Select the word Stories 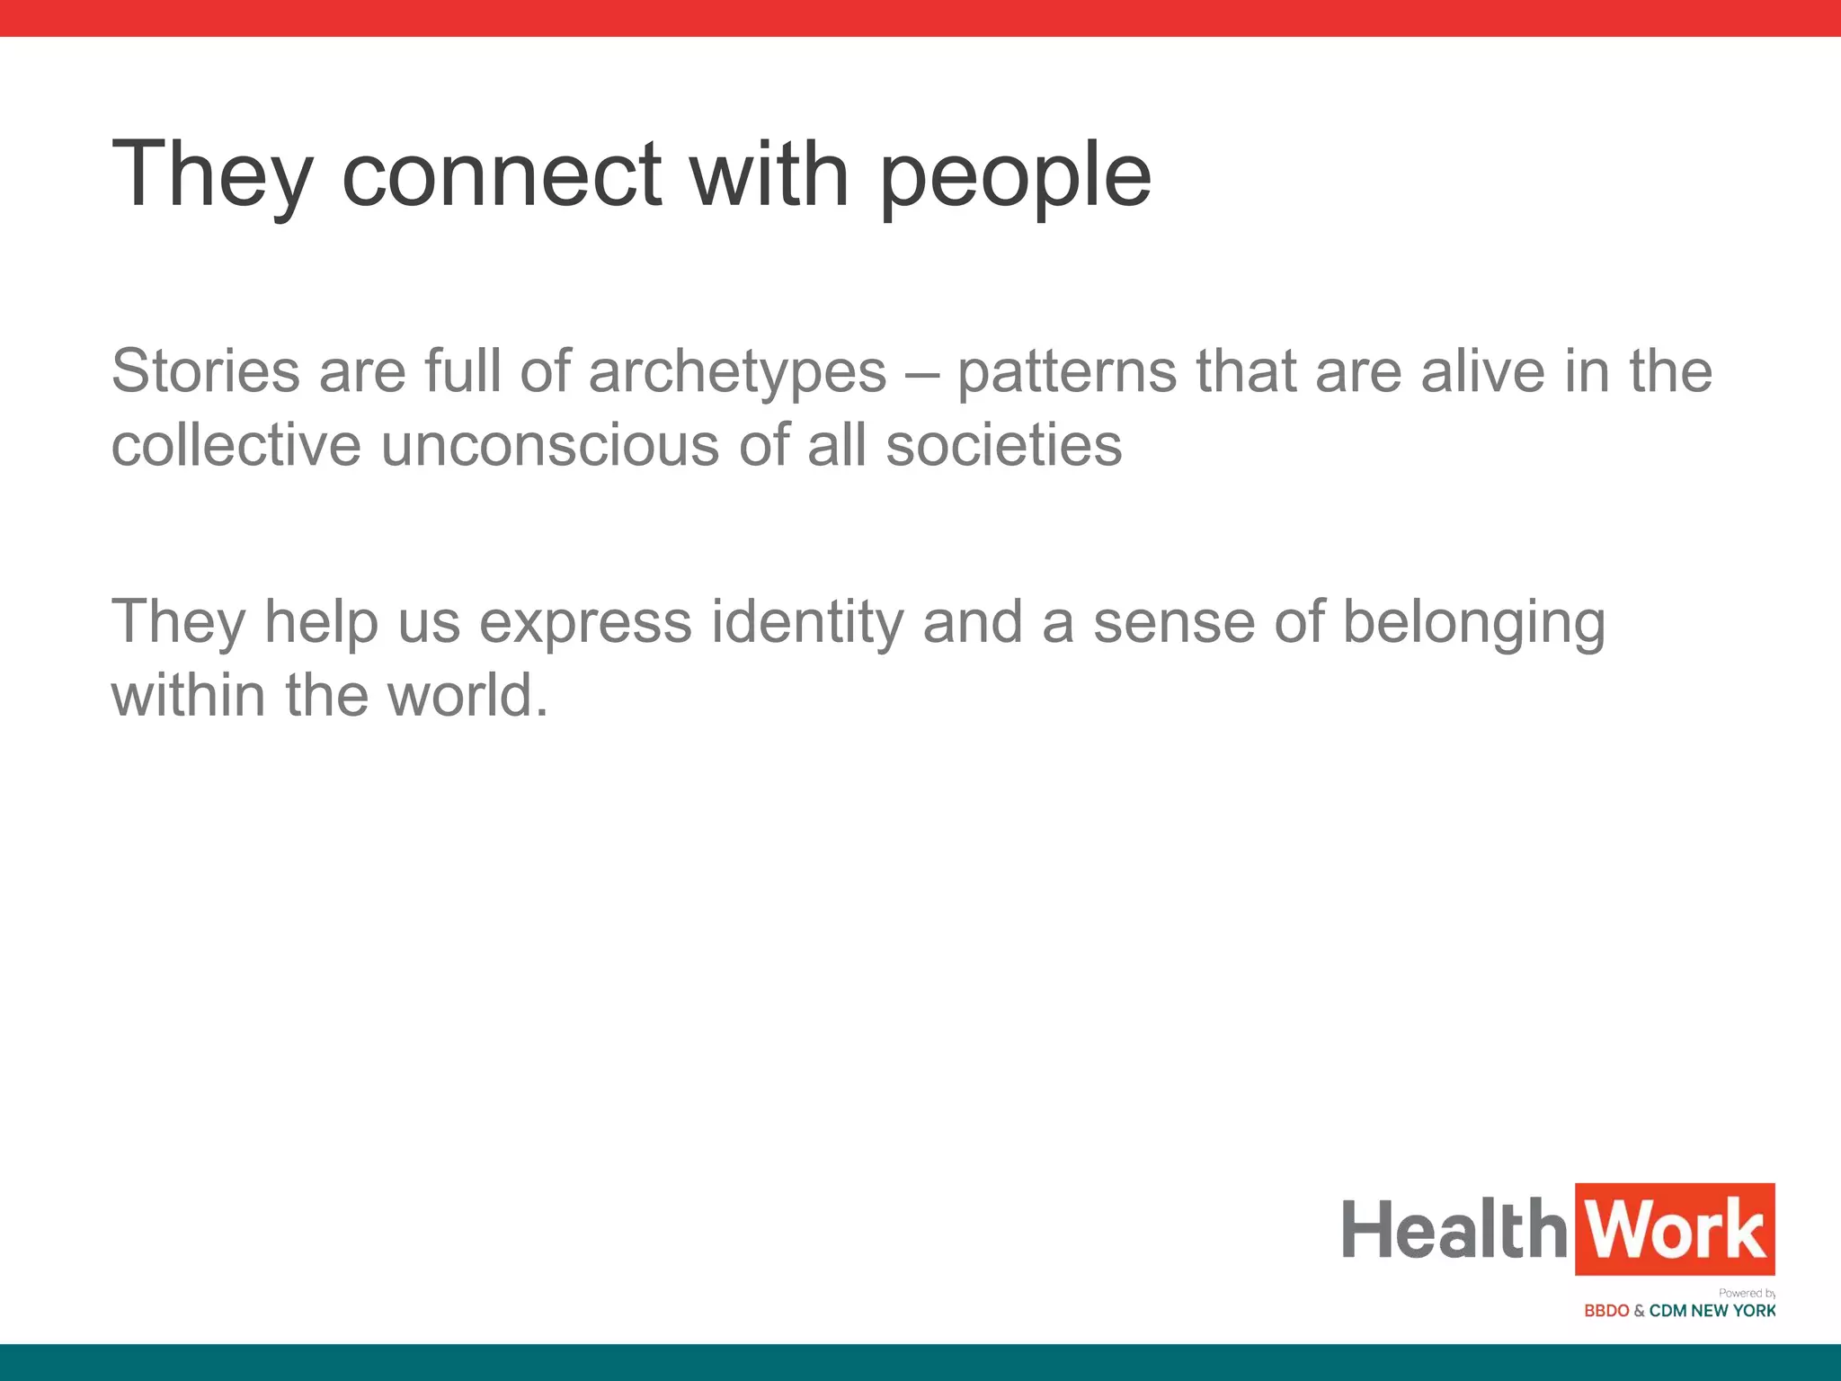[205, 370]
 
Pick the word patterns [1066, 372]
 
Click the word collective [236, 445]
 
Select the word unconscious [550, 445]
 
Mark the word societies [1004, 445]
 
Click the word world [467, 696]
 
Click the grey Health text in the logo [1454, 1229]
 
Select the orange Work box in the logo [1675, 1229]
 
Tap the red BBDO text [1606, 1311]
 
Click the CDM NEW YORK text [1712, 1311]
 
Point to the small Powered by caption [1747, 1293]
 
